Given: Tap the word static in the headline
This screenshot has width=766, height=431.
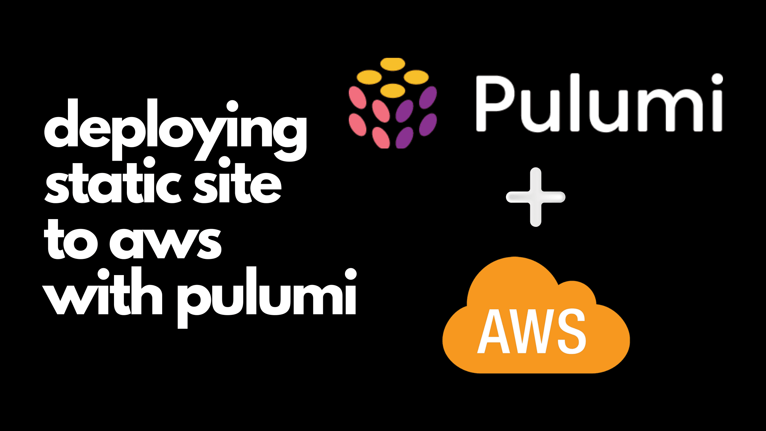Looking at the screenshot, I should [x=112, y=184].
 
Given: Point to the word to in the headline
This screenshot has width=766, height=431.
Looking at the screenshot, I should [x=70, y=241].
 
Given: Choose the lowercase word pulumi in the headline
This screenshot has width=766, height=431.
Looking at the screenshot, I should [x=266, y=296].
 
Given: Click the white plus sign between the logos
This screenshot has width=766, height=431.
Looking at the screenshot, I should [x=536, y=197].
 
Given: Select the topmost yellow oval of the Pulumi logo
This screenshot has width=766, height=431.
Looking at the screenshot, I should [x=393, y=64].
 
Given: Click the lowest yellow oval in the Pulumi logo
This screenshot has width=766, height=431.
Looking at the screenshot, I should [x=393, y=90].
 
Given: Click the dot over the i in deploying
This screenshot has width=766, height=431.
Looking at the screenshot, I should [x=232, y=106].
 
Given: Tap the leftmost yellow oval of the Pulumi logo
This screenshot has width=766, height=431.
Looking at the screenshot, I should [x=369, y=77].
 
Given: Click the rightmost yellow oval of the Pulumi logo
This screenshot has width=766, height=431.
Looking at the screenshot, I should [x=416, y=77].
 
